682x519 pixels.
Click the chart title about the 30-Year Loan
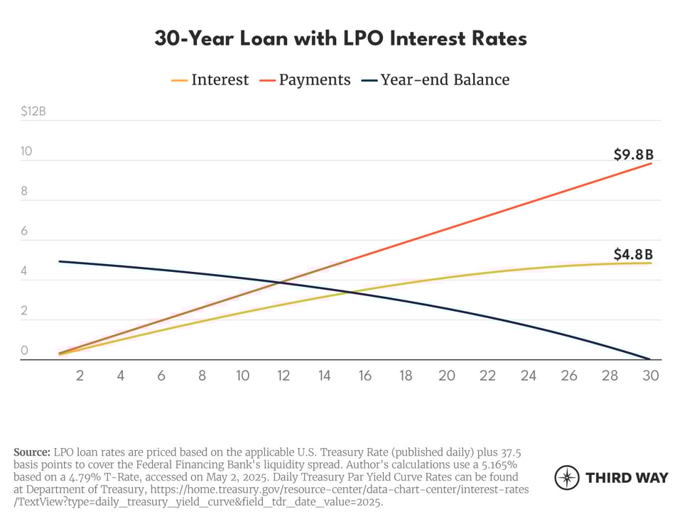(340, 38)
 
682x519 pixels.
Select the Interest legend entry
(210, 80)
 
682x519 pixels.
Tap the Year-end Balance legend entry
(435, 80)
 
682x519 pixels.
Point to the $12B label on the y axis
(33, 111)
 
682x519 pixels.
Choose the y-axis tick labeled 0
(24, 351)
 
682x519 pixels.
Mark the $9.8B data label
(633, 154)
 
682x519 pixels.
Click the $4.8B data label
(633, 253)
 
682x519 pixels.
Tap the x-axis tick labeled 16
(365, 376)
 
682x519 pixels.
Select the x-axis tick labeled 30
(651, 376)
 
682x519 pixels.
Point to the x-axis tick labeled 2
(80, 376)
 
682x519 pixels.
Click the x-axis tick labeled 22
(487, 376)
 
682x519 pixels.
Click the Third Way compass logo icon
(567, 478)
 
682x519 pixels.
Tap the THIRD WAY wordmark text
(627, 478)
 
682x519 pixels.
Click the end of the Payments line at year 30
(651, 164)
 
